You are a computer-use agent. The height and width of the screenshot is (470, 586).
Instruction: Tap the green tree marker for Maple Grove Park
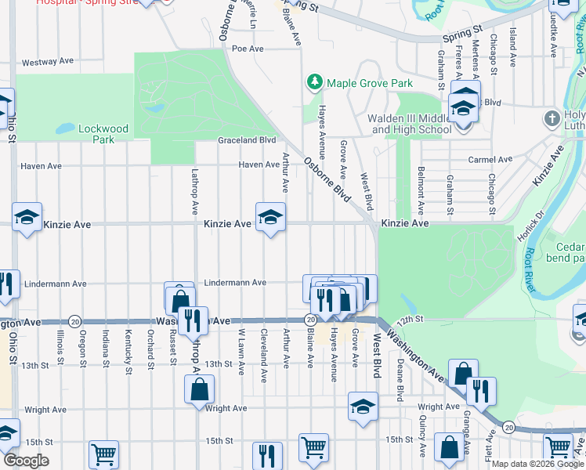click(x=314, y=81)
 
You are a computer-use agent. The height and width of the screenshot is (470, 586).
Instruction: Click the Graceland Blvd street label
click(x=247, y=140)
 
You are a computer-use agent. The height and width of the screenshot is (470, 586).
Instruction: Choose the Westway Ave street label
click(x=48, y=63)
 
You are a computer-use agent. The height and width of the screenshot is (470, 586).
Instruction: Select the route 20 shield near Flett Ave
click(x=509, y=427)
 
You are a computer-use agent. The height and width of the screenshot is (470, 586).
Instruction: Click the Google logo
click(x=26, y=461)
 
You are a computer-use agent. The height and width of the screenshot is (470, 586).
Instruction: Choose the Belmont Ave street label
click(x=421, y=190)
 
